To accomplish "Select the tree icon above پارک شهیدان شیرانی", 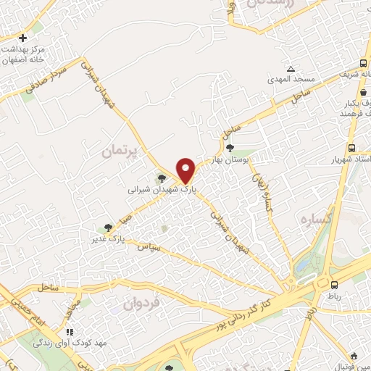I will [x=162, y=178].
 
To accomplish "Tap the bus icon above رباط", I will [x=334, y=285].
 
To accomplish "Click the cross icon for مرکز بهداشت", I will [x=23, y=38].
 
